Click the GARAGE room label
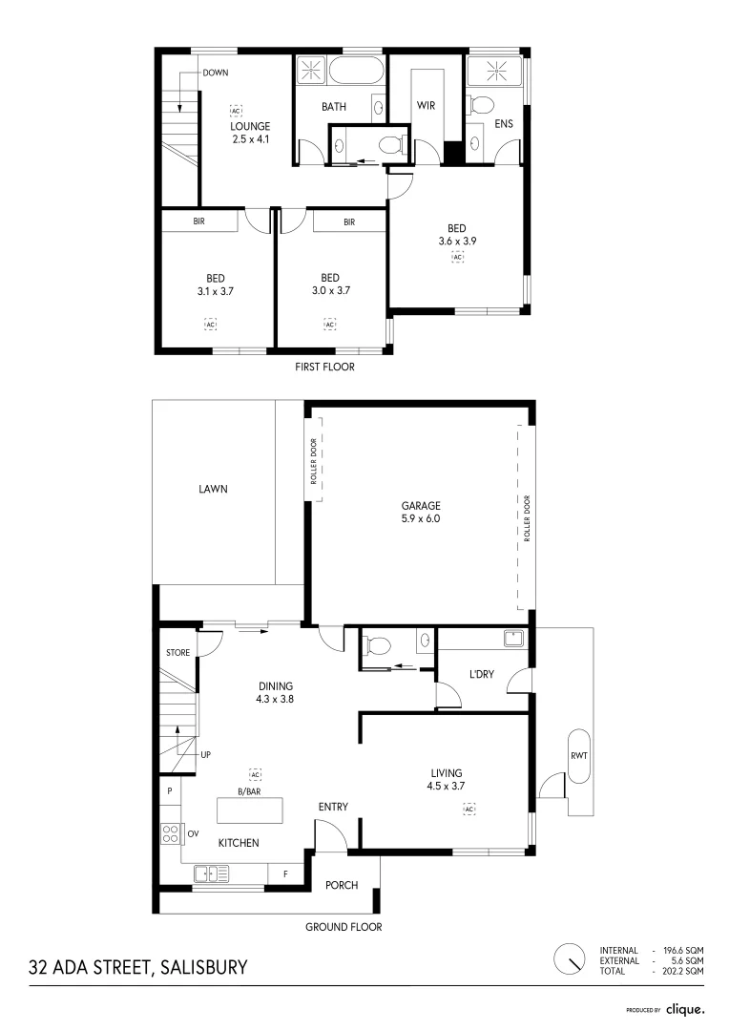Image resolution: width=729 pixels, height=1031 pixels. click(x=421, y=506)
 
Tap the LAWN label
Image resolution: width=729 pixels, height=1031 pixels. click(x=213, y=489)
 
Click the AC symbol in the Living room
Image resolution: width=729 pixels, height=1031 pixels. click(x=469, y=810)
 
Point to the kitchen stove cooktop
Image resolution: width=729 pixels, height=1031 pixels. click(x=171, y=833)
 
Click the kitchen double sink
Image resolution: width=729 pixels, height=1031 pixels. click(x=212, y=873)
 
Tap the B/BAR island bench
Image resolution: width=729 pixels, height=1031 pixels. click(x=251, y=810)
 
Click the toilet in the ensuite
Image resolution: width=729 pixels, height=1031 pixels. click(x=482, y=104)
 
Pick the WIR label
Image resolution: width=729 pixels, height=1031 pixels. click(x=426, y=106)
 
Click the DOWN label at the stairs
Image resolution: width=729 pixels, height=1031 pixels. click(x=215, y=74)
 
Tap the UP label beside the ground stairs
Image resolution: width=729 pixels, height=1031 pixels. click(x=205, y=754)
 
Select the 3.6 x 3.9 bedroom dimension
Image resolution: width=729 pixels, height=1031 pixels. click(x=457, y=242)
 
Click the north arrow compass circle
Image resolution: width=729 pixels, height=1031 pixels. click(x=570, y=958)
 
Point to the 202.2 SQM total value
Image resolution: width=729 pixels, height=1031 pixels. click(x=680, y=970)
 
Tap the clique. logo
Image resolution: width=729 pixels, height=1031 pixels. click(x=685, y=1008)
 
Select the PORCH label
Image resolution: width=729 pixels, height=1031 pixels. click(x=342, y=885)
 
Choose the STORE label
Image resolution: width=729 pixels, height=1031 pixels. click(x=177, y=653)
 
